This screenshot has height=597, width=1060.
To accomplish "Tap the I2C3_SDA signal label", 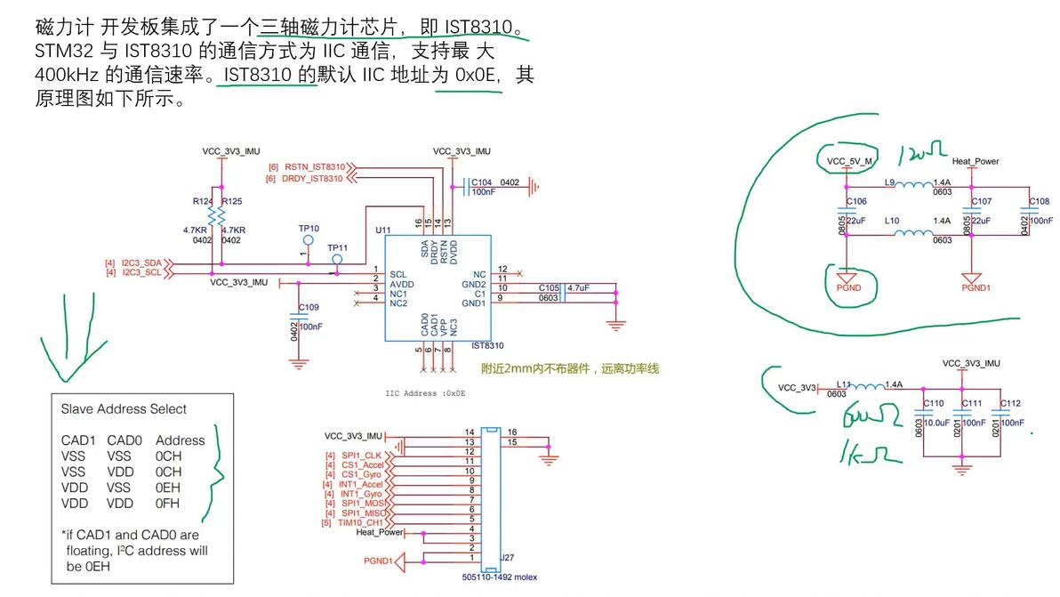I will (x=141, y=263).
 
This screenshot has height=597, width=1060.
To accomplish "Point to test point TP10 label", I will (x=309, y=229).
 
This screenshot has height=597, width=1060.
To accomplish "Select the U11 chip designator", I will (x=383, y=230).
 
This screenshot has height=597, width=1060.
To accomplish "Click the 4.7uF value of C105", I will (x=579, y=288).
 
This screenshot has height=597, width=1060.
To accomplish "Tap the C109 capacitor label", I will (x=309, y=307).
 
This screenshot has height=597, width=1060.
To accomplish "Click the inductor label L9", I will (x=889, y=182).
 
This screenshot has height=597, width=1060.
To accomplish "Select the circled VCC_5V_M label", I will (x=849, y=162).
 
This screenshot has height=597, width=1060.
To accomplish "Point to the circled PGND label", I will (x=849, y=287).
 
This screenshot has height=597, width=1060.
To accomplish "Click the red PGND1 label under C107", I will (x=976, y=287).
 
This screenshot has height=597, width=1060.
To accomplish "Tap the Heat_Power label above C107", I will (x=976, y=162).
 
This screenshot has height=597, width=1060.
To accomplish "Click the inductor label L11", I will (x=844, y=383).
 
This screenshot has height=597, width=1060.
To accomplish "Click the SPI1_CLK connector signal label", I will (x=361, y=456).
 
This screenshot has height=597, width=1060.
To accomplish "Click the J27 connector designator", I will (x=507, y=558).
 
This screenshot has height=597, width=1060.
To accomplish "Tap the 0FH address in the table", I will (x=168, y=504).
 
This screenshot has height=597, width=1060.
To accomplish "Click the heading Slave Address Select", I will (x=124, y=409).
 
